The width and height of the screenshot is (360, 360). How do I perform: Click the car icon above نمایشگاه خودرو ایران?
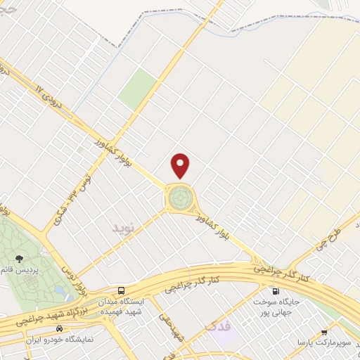(60, 328)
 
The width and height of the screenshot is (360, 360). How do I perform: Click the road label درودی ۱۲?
(49, 96)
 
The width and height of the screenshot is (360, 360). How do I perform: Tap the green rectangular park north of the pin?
(136, 89)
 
